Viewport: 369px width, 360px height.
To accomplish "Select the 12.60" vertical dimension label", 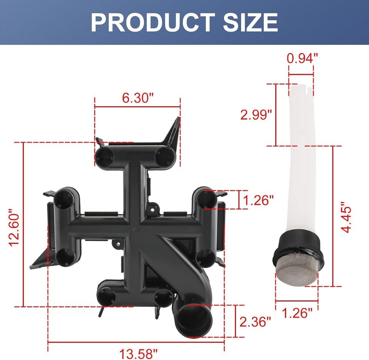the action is point(14,227).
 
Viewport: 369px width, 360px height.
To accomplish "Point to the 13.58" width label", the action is point(138,353).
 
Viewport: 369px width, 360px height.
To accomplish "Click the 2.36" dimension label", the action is point(255,322).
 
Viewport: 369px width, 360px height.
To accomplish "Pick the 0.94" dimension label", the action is point(303,58).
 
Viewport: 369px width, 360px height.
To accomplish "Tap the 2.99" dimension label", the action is point(256,115).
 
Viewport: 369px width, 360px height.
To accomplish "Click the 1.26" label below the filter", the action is point(297,313).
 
